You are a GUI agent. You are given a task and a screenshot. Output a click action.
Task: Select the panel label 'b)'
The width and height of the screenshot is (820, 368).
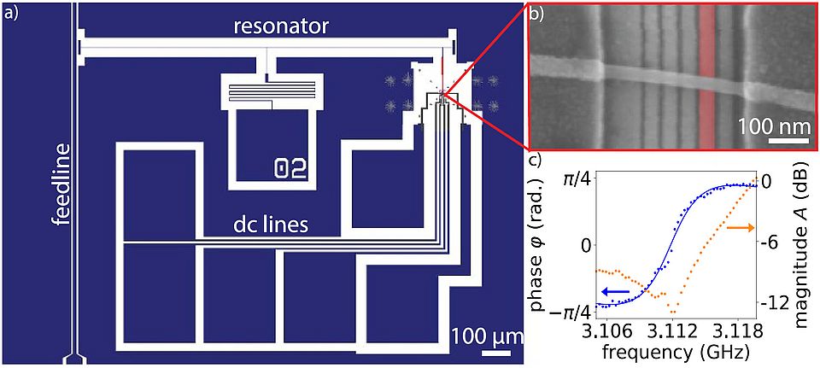click(543, 14)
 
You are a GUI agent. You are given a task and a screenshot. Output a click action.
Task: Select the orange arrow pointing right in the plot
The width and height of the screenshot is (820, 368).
click(740, 227)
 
